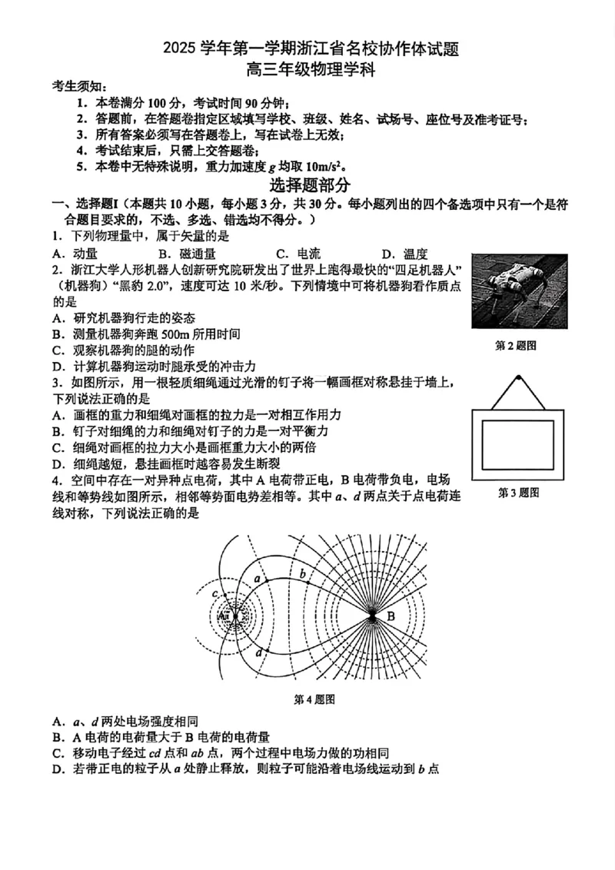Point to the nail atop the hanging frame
[518, 377]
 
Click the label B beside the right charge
[390, 616]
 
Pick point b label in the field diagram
[303, 573]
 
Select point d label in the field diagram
[259, 652]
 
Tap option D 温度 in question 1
[404, 254]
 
